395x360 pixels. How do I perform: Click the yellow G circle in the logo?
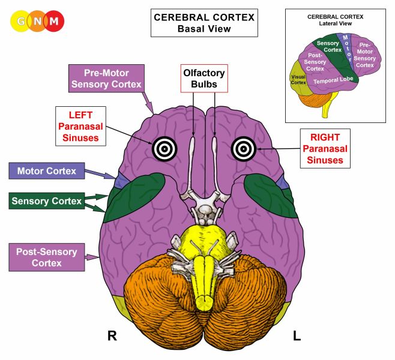(x=22, y=22)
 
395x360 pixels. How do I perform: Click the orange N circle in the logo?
(x=38, y=22)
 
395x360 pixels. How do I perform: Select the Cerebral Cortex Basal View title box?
(x=204, y=23)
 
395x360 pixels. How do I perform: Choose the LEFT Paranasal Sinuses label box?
(x=81, y=126)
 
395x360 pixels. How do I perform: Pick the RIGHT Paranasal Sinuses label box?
(x=322, y=148)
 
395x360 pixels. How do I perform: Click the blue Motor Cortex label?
(x=47, y=171)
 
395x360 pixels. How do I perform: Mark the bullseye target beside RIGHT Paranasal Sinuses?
(x=243, y=147)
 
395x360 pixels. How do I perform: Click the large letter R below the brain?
(x=112, y=336)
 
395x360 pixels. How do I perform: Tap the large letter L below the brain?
(x=296, y=336)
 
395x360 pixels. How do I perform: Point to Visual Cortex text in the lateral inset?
(x=298, y=79)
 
